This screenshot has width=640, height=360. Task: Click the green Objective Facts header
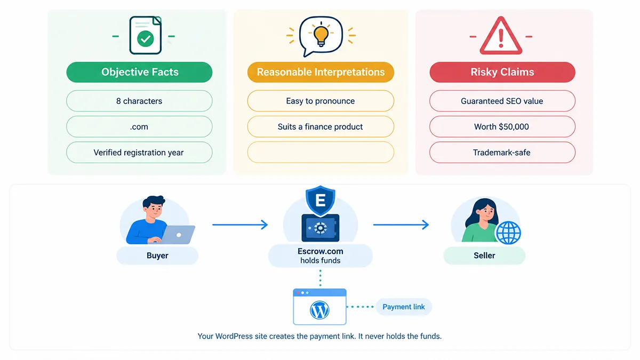click(139, 72)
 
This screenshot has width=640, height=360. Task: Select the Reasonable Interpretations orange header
click(321, 72)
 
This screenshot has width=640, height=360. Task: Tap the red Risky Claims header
click(502, 72)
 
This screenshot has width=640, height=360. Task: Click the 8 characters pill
click(139, 101)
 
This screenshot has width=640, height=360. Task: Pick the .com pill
click(139, 126)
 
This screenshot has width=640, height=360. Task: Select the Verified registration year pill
click(139, 153)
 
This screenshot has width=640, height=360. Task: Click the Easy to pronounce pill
click(321, 101)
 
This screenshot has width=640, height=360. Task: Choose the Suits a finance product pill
click(321, 126)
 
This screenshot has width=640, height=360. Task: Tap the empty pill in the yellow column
click(321, 153)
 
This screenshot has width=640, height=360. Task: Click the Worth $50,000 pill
click(502, 126)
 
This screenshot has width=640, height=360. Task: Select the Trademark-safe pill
click(502, 153)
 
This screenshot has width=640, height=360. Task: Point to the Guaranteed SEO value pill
click(502, 101)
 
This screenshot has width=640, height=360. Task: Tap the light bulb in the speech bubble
click(321, 35)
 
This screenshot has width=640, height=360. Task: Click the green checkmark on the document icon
click(146, 39)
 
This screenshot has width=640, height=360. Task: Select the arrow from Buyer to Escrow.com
click(240, 225)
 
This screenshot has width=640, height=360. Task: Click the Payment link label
click(403, 307)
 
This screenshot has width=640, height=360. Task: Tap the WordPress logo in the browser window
click(319, 310)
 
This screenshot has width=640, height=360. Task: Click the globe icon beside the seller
click(508, 233)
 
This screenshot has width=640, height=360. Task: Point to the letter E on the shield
click(321, 201)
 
